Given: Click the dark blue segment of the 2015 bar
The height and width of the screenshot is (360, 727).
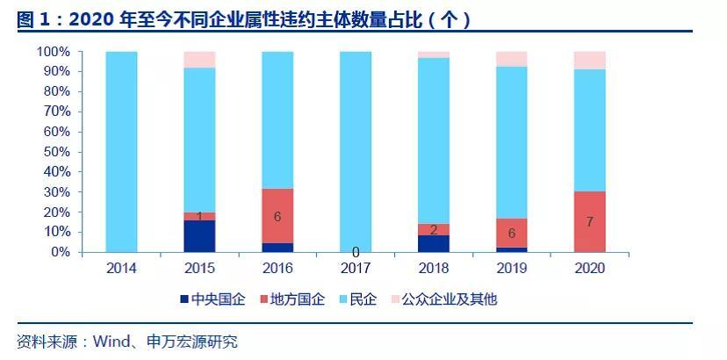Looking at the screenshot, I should pos(199,235).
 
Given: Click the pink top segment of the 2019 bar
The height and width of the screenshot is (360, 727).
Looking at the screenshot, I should pos(511,59).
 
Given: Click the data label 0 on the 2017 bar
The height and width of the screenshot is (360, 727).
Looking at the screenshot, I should pos(356,252).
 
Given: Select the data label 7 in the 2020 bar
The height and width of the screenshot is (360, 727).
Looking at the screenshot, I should pos(589,222).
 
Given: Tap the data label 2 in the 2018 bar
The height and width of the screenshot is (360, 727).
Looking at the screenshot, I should pos(434,228).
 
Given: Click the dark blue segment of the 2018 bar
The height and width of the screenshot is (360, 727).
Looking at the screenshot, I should pos(434,243).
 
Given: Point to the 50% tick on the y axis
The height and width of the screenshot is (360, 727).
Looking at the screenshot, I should pos(55,152).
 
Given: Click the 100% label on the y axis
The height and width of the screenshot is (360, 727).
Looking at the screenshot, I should pos(52,52).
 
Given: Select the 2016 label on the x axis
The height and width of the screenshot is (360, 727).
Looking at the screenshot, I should pos(277,268).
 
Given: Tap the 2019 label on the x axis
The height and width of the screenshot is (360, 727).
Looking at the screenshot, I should pos(511,268).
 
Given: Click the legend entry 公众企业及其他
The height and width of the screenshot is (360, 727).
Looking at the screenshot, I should pos(442,299).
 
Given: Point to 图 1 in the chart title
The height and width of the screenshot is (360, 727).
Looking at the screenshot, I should pos(34,19).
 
